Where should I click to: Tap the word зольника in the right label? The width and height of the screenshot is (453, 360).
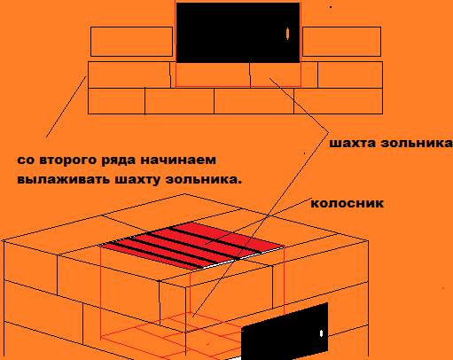click(x=417, y=143)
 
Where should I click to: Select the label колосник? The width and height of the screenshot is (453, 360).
click(x=348, y=203)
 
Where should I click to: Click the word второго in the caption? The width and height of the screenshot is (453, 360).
click(x=68, y=160)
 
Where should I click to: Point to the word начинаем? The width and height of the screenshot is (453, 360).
click(x=178, y=160)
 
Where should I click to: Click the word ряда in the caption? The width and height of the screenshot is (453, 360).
click(x=119, y=160)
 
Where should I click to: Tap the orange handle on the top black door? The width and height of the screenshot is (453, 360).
click(x=287, y=34)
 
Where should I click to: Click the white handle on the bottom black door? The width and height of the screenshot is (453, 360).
click(x=321, y=333)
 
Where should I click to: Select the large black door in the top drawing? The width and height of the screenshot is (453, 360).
click(x=238, y=33)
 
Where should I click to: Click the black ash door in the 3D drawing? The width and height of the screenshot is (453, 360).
click(x=285, y=331)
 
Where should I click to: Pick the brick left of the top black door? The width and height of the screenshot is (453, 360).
click(x=131, y=42)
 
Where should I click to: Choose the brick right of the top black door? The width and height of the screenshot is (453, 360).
click(x=341, y=42)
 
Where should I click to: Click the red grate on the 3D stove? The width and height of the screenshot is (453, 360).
click(x=192, y=245)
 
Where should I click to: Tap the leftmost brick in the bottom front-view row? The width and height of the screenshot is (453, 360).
click(x=116, y=101)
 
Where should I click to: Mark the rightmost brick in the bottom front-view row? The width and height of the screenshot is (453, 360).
click(x=338, y=101)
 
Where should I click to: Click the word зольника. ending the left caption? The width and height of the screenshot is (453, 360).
click(x=203, y=179)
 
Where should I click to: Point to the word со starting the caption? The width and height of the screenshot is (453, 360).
click(x=26, y=160)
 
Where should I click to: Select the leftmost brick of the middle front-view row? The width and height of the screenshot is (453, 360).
click(x=129, y=74)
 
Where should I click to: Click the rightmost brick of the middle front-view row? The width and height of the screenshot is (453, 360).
click(x=350, y=74)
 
